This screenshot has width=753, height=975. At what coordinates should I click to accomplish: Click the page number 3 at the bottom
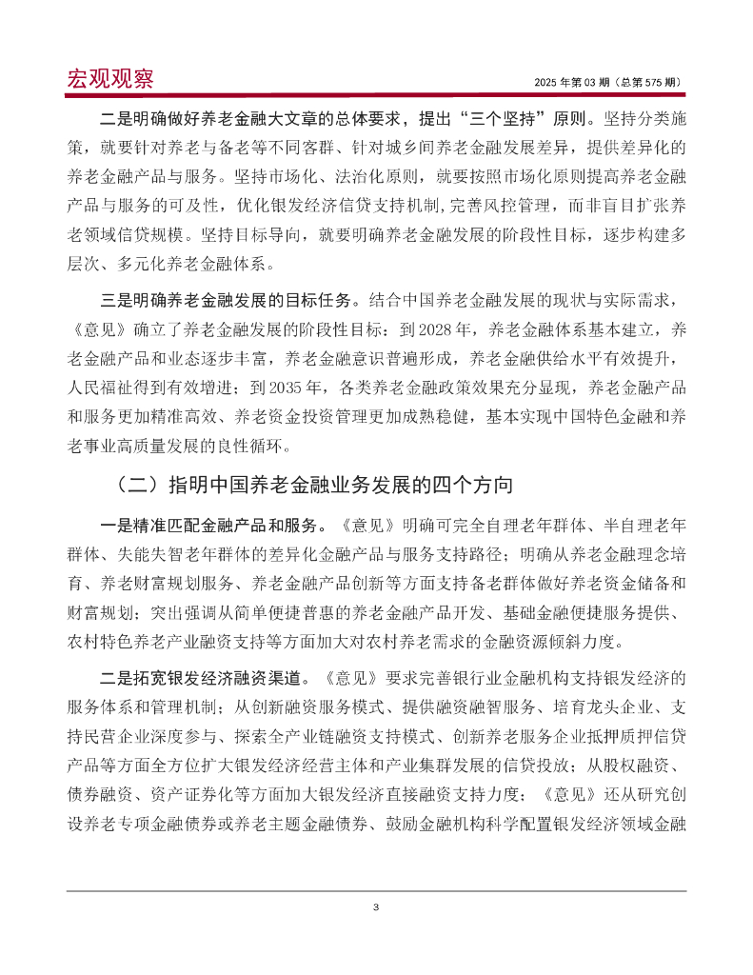376,906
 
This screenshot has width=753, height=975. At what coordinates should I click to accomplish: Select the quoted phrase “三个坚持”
502,122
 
